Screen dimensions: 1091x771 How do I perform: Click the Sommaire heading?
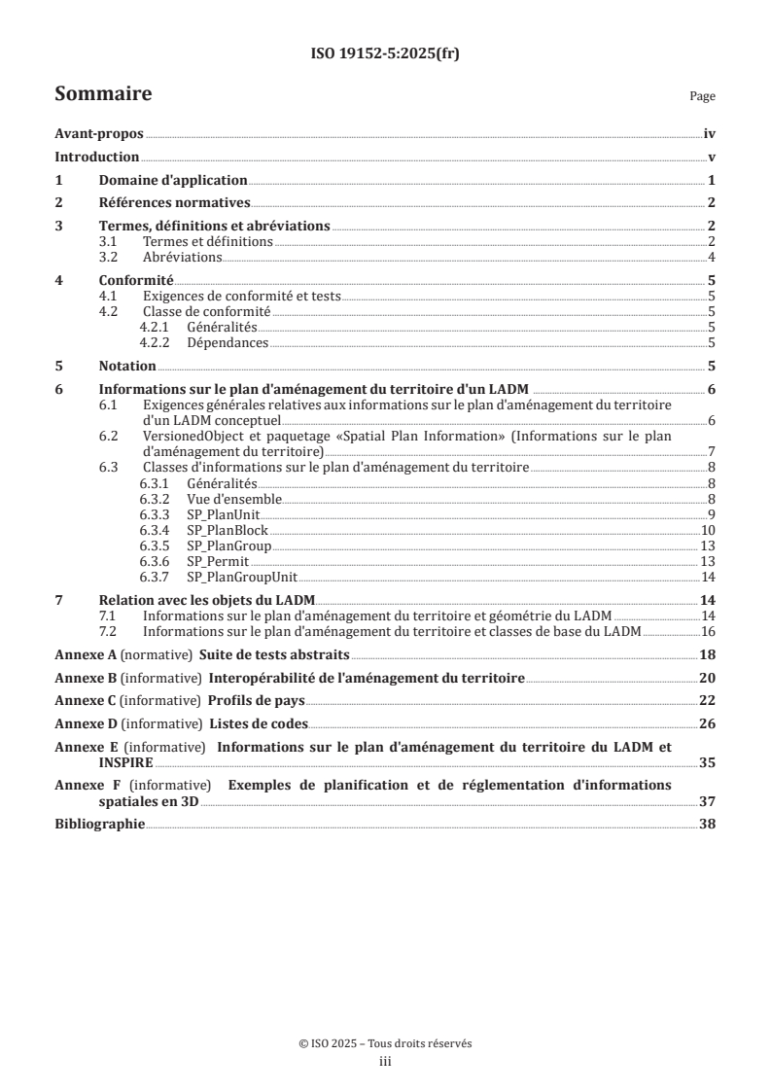point(103,94)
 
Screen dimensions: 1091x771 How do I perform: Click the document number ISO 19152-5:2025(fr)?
point(385,54)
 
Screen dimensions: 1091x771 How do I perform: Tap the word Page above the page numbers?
point(702,97)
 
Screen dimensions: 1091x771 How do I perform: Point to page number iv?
point(710,136)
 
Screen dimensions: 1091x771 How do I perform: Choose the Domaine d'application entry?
point(173,180)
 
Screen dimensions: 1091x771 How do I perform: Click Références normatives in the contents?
point(175,202)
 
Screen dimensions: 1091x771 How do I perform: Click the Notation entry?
point(127,366)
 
